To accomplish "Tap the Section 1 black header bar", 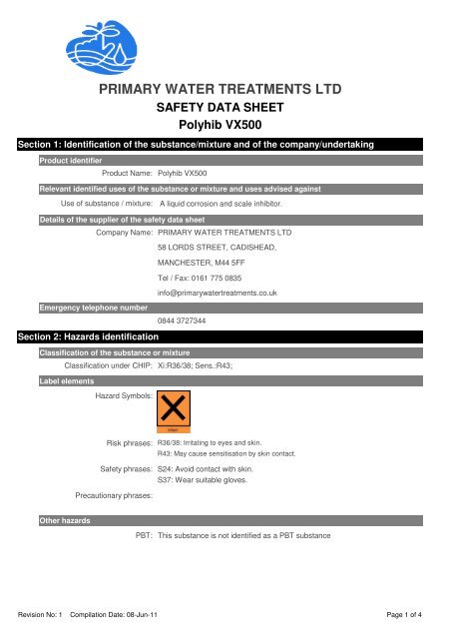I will coord(225,145).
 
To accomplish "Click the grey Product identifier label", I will coord(69,160).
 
